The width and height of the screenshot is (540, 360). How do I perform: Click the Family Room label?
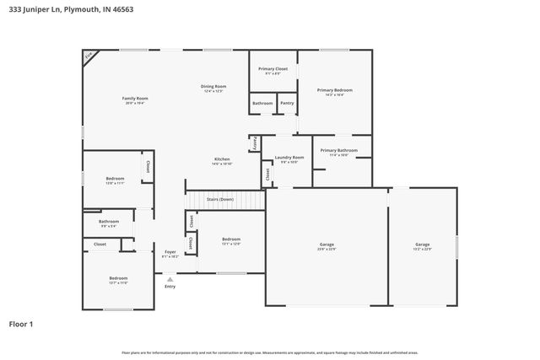click(130, 99)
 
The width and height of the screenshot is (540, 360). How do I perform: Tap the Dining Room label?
click(213, 87)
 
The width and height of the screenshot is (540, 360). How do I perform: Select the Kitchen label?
click(222, 159)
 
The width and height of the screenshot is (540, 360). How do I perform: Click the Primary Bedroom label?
click(334, 90)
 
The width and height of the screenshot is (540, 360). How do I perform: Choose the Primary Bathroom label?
click(338, 150)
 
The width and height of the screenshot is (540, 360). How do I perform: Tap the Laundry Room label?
click(289, 158)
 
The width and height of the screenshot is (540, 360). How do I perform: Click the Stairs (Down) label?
click(219, 200)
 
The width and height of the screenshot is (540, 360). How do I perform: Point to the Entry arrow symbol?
click(170, 279)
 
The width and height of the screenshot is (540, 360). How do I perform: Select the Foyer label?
click(170, 252)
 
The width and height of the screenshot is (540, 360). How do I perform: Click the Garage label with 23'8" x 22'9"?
click(326, 244)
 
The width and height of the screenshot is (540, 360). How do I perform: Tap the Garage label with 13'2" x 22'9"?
click(422, 244)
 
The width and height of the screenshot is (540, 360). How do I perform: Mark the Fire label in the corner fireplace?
click(88, 56)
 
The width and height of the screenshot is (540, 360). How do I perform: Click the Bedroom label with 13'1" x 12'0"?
click(231, 239)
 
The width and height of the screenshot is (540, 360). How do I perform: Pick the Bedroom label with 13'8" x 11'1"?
click(115, 179)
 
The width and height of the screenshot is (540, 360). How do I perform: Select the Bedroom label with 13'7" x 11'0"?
click(118, 278)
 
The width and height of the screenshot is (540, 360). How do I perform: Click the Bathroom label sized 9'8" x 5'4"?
click(109, 223)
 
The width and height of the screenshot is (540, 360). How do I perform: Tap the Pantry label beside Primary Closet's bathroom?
click(287, 103)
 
